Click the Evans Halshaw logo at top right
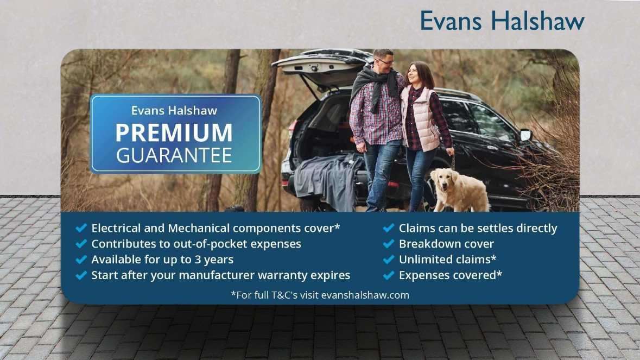coord(502,21)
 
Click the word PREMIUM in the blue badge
coord(174,133)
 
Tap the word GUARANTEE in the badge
coord(174,155)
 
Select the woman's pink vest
coord(420,118)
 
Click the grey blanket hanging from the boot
coord(328,180)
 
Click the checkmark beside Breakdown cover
coord(389,244)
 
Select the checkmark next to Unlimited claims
coord(389,260)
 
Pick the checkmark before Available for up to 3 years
coord(81,260)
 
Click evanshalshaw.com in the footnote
coord(365,295)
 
